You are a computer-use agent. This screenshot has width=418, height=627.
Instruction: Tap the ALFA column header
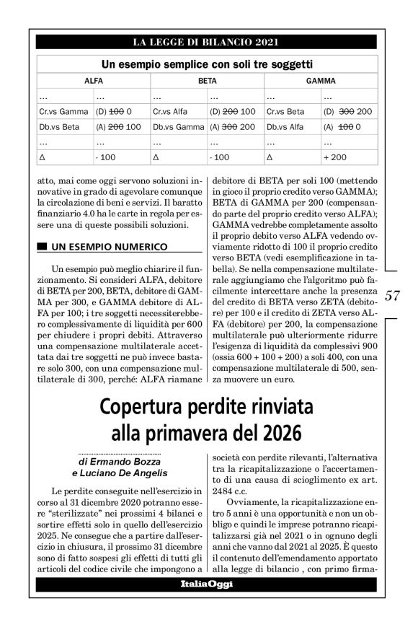pos(94,82)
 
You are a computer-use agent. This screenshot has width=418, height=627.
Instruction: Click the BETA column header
pos(208,82)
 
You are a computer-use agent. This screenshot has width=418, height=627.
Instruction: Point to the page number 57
pos(393,295)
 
